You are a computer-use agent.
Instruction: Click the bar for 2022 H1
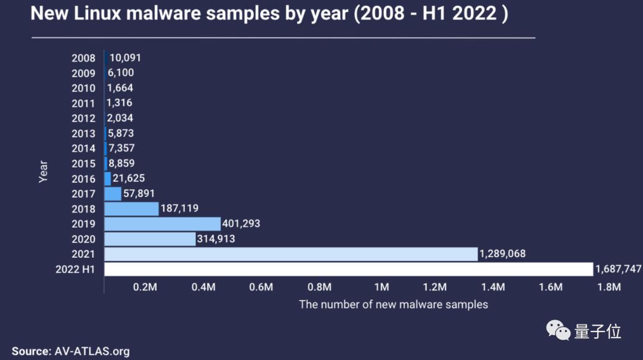click(x=348, y=269)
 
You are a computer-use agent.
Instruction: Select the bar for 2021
click(x=291, y=254)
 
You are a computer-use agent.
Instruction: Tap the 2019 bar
click(x=163, y=224)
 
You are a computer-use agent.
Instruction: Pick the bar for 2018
click(x=131, y=209)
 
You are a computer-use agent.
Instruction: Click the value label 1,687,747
click(x=618, y=270)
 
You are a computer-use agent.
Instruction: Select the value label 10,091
click(x=125, y=58)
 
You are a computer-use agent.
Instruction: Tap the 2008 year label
click(x=83, y=58)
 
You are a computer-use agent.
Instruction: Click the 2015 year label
click(x=83, y=164)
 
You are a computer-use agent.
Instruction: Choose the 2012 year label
click(x=83, y=118)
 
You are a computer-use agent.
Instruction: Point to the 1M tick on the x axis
click(x=382, y=287)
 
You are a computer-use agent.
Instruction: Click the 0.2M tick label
click(x=145, y=287)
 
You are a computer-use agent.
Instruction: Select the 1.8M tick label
click(x=609, y=287)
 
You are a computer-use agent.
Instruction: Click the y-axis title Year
click(x=43, y=171)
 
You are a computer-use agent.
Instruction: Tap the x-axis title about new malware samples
click(x=393, y=305)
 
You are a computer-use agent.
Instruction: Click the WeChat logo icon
click(x=558, y=330)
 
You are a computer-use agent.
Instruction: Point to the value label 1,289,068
click(x=503, y=254)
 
